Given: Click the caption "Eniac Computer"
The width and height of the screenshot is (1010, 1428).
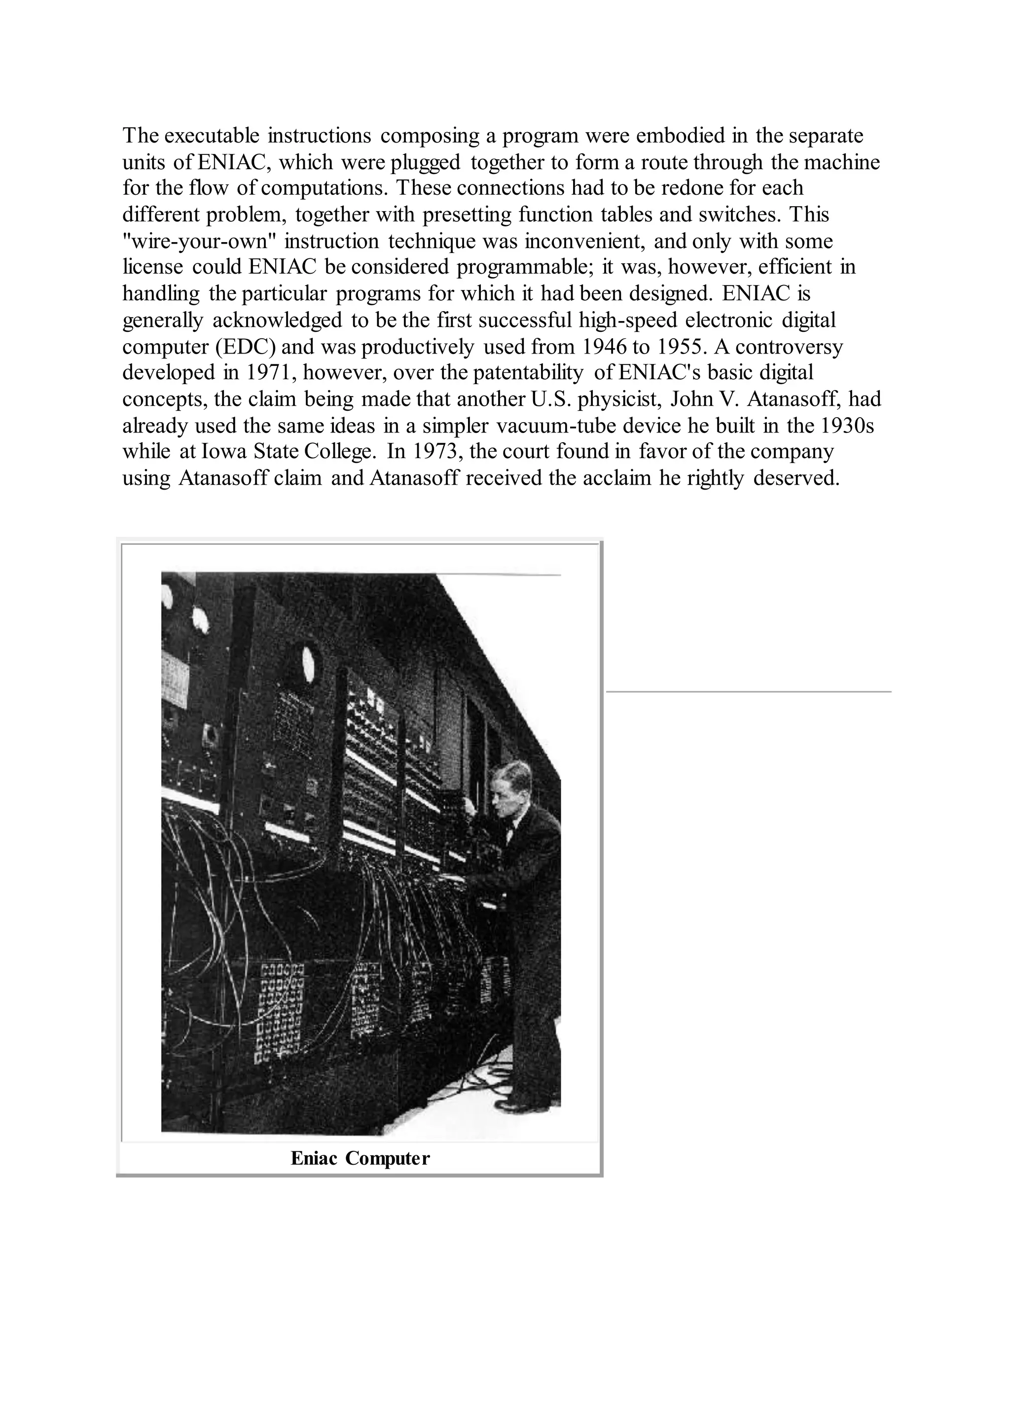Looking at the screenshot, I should (x=360, y=1158).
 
